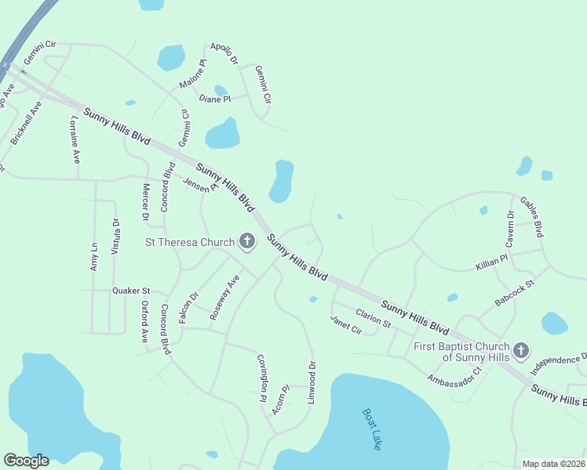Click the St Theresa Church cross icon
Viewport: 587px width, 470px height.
point(246,242)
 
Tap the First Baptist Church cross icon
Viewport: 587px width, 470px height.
point(521,350)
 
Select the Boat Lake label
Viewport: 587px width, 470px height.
point(372,428)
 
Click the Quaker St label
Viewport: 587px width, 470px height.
point(131,291)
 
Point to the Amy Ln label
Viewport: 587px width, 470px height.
point(94,257)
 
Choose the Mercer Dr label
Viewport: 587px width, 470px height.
point(145,202)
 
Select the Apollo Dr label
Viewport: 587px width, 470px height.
point(224,53)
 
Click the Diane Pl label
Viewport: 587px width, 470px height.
point(215,99)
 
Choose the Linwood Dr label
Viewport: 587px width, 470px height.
point(312,382)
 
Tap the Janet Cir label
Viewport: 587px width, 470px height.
point(345,324)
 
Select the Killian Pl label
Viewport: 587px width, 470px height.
point(492,262)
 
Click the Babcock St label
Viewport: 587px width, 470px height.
point(514,291)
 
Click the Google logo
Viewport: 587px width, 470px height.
point(26,461)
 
